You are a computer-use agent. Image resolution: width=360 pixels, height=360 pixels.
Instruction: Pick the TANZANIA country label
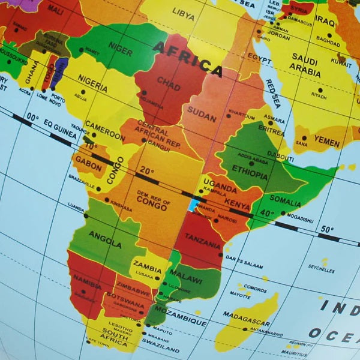coord(203,244)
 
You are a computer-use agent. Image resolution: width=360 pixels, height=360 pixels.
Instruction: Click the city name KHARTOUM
coord(242,113)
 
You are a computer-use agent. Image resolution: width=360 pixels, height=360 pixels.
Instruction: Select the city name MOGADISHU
coord(300,220)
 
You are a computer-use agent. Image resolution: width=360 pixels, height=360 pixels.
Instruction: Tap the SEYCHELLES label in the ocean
coord(321,271)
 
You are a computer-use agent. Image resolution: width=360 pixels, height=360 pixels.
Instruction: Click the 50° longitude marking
coord(326,229)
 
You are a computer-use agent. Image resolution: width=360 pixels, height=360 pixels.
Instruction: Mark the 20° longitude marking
coord(144,170)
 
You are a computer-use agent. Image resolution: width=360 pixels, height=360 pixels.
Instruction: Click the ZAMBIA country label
coord(148,264)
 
